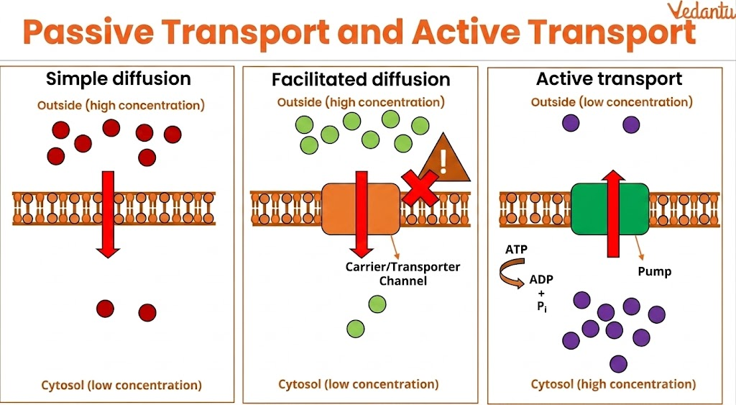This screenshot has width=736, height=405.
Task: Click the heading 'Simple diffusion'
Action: point(119,78)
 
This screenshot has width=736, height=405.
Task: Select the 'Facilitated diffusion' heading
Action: point(361,79)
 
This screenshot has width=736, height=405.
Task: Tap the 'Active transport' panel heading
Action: point(609,78)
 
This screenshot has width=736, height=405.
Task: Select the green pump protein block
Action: point(589,209)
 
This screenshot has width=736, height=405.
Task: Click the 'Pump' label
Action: point(654,272)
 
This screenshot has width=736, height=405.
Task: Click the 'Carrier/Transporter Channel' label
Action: point(402,274)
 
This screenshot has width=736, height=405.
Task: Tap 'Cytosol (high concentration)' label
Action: point(613,384)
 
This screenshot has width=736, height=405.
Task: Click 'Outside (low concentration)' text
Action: point(612,102)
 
